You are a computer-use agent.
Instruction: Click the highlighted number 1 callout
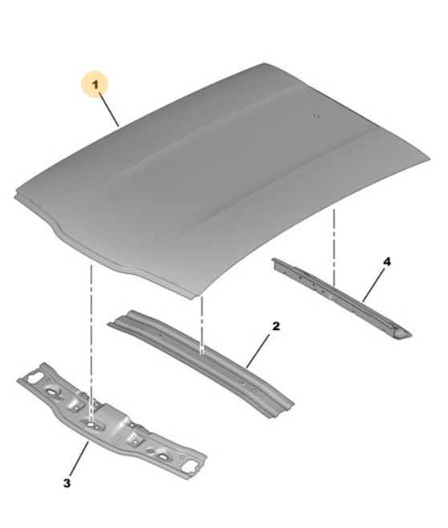(x=95, y=84)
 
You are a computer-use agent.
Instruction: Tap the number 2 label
(x=276, y=326)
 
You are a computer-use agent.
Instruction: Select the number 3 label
(x=67, y=483)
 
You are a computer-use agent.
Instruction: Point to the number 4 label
(x=387, y=261)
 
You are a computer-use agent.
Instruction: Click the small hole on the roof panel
(x=316, y=116)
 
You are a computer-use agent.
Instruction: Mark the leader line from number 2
(x=258, y=351)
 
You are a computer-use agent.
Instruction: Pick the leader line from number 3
(x=79, y=458)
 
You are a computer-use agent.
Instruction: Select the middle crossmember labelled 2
(x=200, y=365)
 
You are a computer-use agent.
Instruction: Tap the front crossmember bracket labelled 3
(x=112, y=421)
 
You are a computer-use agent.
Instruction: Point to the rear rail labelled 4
(x=342, y=299)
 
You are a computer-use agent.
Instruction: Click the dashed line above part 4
(x=334, y=248)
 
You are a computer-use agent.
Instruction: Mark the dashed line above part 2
(x=202, y=325)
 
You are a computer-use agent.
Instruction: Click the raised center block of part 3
(x=113, y=419)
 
